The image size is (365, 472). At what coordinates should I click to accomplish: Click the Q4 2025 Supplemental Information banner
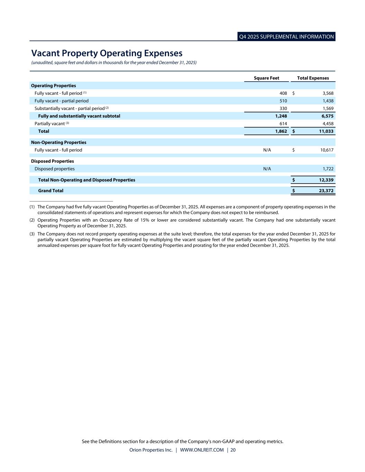pyautogui.click(x=286, y=37)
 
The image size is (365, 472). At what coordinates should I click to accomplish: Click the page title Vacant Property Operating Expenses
pyautogui.click(x=107, y=53)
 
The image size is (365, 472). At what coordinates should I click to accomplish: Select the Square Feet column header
pyautogui.click(x=266, y=78)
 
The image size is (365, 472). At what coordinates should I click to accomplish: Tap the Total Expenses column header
pyautogui.click(x=313, y=78)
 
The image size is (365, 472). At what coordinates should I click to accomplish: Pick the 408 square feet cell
pyautogui.click(x=283, y=93)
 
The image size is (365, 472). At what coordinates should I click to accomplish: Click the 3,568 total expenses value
pyautogui.click(x=328, y=93)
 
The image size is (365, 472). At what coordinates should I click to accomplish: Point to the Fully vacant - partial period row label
pyautogui.click(x=62, y=101)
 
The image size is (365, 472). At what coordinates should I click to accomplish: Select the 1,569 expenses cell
pyautogui.click(x=328, y=109)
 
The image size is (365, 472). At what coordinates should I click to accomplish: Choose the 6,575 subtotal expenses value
pyautogui.click(x=327, y=116)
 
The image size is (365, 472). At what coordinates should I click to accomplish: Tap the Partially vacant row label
pyautogui.click(x=50, y=124)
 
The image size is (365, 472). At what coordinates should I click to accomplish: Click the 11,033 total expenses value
pyautogui.click(x=326, y=131)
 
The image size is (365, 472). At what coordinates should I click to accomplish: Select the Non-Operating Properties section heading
pyautogui.click(x=59, y=142)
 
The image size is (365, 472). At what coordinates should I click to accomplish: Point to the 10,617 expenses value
pyautogui.click(x=326, y=150)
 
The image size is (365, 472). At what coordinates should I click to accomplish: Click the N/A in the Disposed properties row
pyautogui.click(x=267, y=169)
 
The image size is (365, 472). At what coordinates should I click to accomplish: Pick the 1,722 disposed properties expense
pyautogui.click(x=328, y=169)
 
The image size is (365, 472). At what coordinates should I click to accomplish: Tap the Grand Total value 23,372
pyautogui.click(x=326, y=191)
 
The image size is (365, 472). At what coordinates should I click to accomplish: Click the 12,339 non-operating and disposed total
pyautogui.click(x=326, y=180)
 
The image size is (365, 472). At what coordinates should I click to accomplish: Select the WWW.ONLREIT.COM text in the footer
pyautogui.click(x=202, y=450)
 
